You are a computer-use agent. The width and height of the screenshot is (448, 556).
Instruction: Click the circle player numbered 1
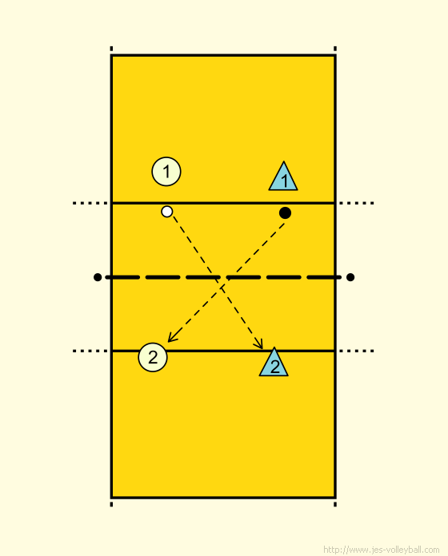(166, 171)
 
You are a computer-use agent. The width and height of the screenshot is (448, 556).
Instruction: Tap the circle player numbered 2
(153, 357)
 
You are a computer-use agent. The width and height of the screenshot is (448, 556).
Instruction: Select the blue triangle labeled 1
(283, 177)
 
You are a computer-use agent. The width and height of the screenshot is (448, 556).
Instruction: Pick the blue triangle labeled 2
(274, 362)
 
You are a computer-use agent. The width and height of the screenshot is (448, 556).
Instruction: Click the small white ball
(167, 212)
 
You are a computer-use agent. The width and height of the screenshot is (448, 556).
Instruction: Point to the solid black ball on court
(285, 212)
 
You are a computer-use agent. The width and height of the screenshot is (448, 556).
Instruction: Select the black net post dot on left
(98, 277)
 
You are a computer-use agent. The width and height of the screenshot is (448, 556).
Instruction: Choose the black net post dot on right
(350, 277)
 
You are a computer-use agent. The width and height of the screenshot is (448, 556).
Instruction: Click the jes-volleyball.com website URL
(382, 550)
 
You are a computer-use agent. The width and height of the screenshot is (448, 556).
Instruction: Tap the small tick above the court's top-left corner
(111, 49)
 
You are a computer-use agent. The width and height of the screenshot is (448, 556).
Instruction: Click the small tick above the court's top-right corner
(335, 49)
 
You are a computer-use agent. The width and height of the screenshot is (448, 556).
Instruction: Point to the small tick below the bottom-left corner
(111, 504)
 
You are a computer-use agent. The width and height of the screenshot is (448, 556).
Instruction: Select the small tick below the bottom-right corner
(335, 504)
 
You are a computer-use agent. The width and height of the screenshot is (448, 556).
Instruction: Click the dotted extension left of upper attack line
(90, 203)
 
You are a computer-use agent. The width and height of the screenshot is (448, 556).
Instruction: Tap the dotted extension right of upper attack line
(356, 203)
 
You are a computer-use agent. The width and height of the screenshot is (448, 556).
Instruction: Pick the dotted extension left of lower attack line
(90, 351)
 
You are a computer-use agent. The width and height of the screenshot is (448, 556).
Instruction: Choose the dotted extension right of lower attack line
(356, 351)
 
